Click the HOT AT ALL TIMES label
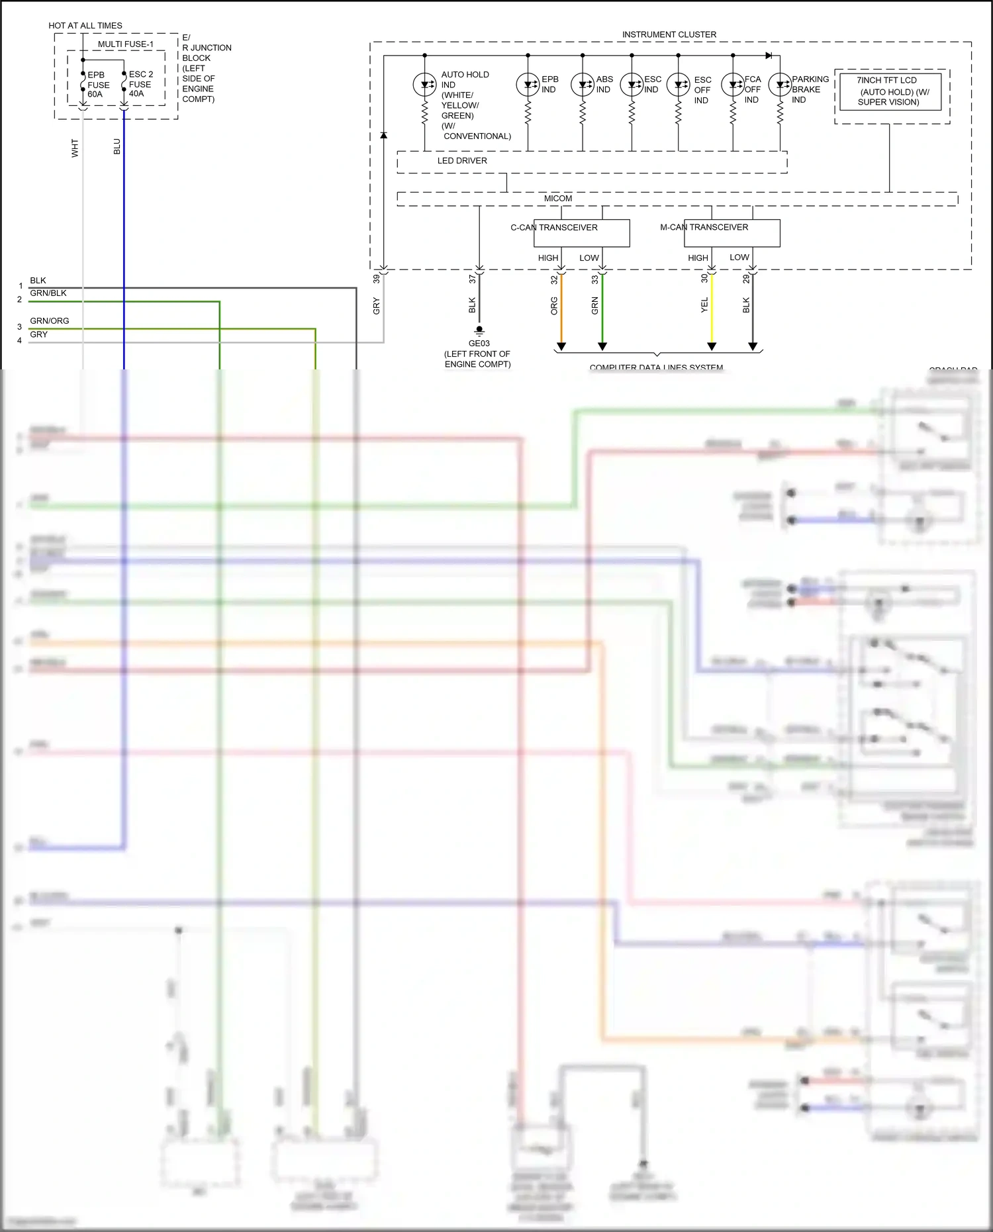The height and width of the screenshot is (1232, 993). [x=85, y=26]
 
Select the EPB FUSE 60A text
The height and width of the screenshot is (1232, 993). [x=98, y=85]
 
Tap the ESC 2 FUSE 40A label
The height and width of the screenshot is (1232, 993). [x=140, y=84]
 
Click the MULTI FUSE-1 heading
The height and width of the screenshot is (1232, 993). [x=125, y=44]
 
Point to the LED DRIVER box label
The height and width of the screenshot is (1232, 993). [x=462, y=161]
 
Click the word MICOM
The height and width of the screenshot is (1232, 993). [x=557, y=199]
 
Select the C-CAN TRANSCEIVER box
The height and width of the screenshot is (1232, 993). [x=581, y=233]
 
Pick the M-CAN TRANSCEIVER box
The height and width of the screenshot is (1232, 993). [x=732, y=233]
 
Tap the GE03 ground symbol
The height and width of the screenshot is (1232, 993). [x=479, y=330]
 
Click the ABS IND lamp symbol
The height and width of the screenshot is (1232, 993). [x=582, y=85]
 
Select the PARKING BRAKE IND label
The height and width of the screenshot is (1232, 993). [x=810, y=89]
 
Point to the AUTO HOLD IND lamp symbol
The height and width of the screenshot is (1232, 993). [x=424, y=85]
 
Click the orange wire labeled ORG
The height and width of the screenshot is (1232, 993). [x=561, y=311]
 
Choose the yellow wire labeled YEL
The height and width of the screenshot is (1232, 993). [x=712, y=311]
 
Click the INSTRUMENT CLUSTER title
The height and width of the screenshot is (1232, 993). [x=669, y=34]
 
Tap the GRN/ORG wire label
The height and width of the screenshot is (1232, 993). [x=50, y=321]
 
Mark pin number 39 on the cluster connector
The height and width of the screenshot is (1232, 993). [x=377, y=279]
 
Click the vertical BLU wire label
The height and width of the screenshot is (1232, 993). [x=117, y=146]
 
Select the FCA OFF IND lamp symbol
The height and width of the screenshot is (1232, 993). [x=733, y=85]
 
